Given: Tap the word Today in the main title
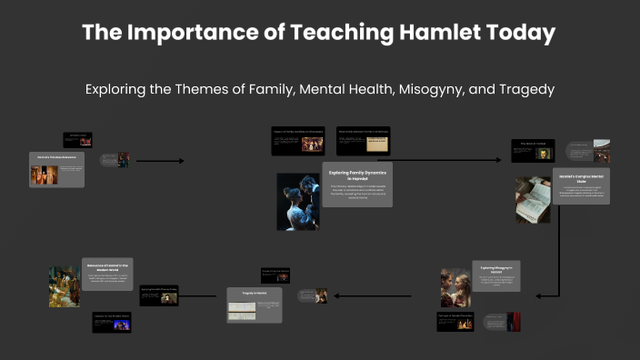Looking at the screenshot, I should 519,33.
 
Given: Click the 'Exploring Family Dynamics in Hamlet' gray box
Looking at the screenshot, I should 358,185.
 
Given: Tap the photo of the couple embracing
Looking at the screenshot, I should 298,201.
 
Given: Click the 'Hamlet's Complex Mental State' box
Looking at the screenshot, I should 581,186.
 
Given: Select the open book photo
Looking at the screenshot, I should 533,200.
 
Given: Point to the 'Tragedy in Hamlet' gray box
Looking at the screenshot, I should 254,305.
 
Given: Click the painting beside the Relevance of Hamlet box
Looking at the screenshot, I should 65,285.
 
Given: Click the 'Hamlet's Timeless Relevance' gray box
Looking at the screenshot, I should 56,169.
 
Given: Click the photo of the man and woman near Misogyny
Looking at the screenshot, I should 455,287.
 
